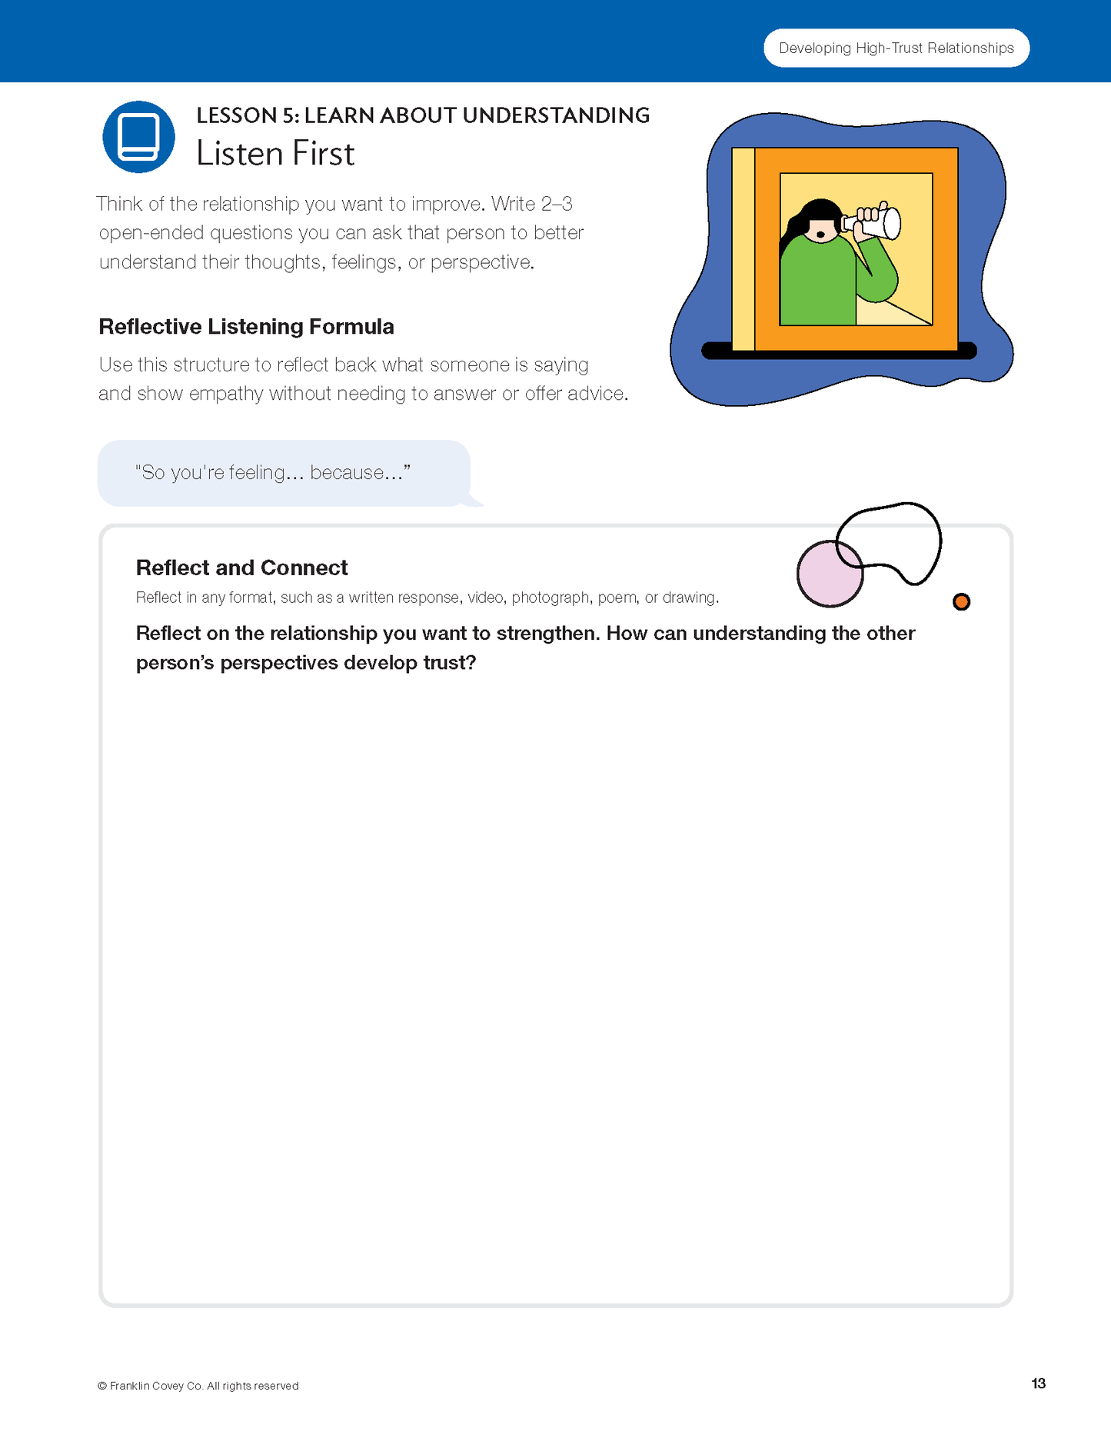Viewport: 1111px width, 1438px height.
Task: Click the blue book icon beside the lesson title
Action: [138, 137]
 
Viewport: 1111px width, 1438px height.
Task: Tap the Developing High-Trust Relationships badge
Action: [896, 48]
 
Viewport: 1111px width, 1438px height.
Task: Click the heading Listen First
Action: [275, 153]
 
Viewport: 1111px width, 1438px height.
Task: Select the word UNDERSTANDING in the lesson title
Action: [556, 115]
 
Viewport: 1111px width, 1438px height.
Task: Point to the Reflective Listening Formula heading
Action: [246, 327]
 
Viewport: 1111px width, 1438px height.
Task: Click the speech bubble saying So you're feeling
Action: [283, 472]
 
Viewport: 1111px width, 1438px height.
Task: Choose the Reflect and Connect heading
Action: [241, 568]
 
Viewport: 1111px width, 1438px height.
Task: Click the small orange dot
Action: [961, 602]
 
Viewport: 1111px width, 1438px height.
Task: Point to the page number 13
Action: [1038, 1383]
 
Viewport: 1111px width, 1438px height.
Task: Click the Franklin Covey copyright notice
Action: [198, 1386]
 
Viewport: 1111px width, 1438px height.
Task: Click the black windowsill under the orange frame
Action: [838, 351]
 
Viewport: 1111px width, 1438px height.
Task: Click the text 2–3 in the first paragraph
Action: [557, 204]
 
